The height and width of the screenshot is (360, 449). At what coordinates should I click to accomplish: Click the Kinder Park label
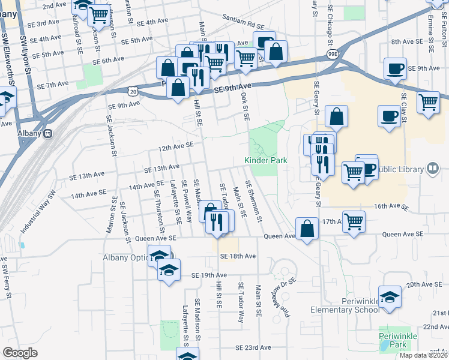267,160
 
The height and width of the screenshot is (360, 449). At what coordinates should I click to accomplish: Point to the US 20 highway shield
133,90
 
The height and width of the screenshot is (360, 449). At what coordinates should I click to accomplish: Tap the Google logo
20,353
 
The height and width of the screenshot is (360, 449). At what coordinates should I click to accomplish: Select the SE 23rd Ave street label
253,347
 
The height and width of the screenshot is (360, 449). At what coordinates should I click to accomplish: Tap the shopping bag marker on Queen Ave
307,229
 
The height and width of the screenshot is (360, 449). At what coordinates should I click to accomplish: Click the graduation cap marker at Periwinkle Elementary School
390,297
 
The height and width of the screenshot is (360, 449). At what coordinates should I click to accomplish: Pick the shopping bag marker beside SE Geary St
337,117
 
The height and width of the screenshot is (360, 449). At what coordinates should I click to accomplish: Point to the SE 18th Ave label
238,256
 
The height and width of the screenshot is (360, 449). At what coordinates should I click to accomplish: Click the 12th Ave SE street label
175,146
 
